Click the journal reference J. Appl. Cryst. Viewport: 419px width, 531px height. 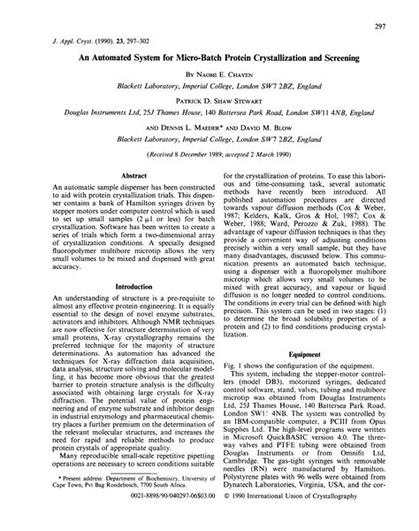[57, 42]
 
